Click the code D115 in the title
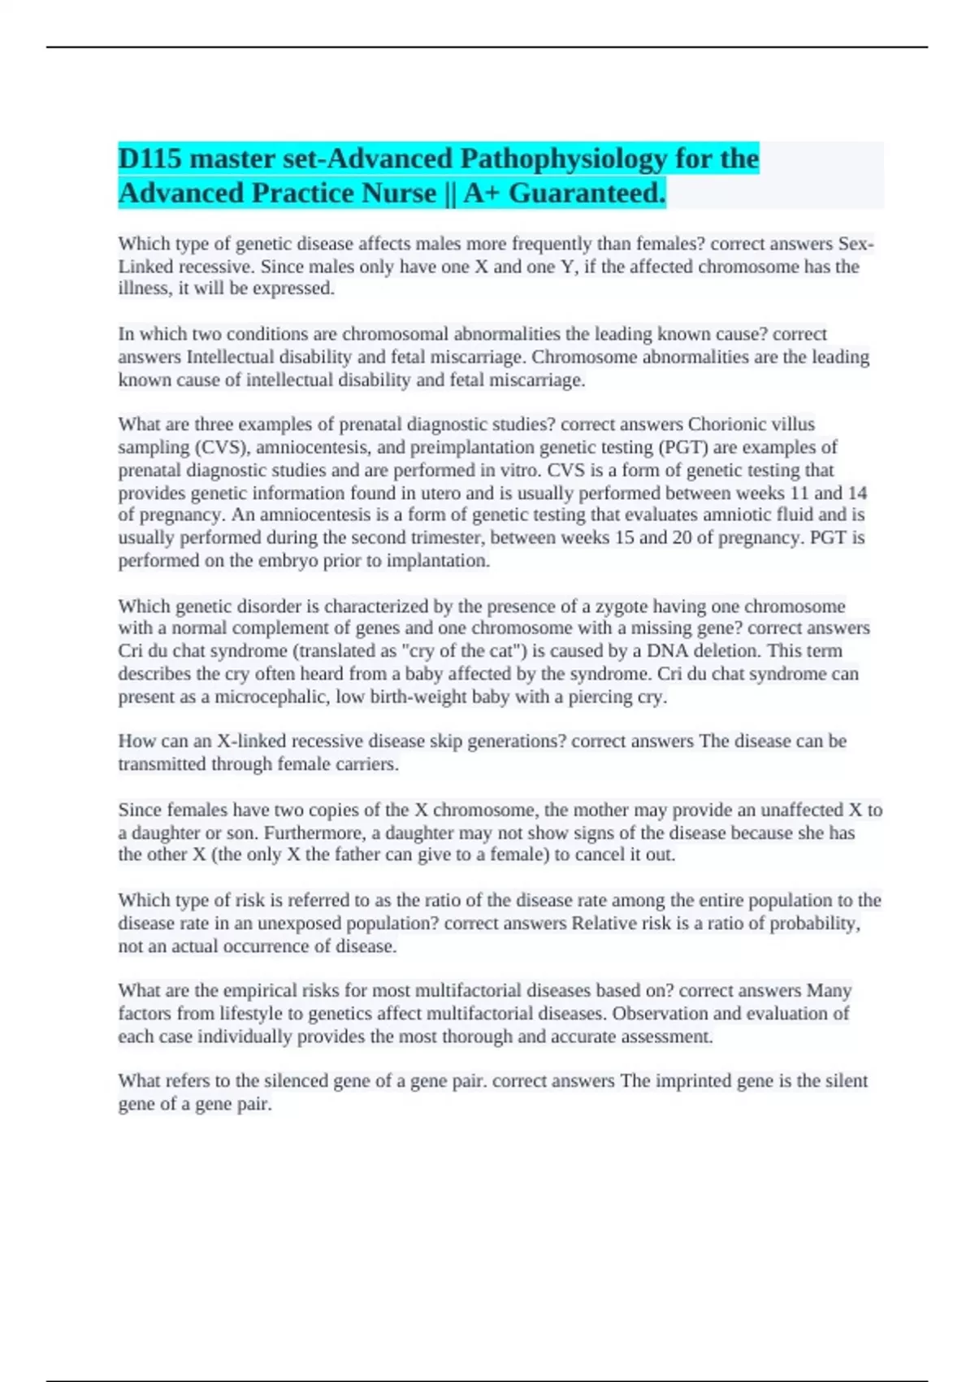pos(150,159)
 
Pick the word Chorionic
pos(726,424)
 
